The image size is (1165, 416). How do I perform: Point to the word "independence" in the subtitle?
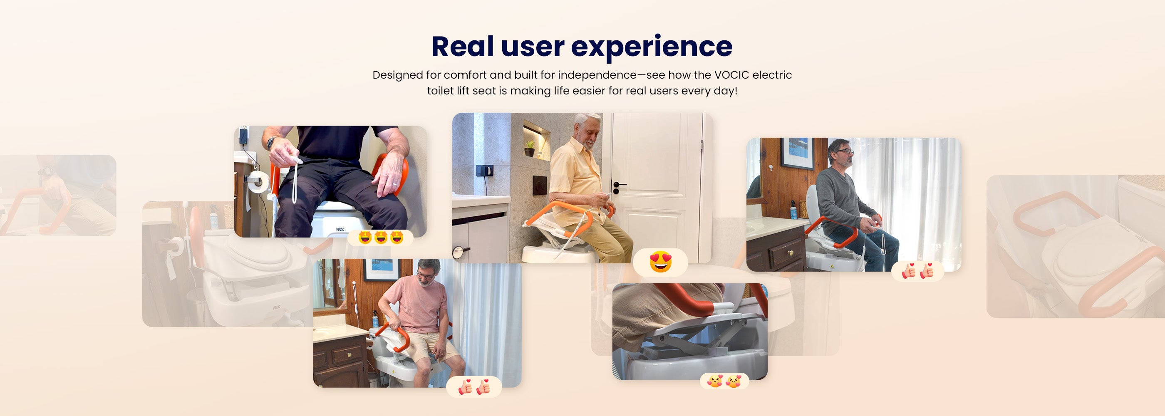[597, 75]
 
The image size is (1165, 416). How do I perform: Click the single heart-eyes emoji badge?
[660, 262]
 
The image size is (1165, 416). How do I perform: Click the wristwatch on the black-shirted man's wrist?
[270, 142]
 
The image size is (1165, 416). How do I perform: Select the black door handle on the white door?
[619, 186]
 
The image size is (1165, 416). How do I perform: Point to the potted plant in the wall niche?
[529, 147]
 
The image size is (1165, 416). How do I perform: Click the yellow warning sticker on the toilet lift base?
[832, 266]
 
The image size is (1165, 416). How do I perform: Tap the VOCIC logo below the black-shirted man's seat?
[340, 229]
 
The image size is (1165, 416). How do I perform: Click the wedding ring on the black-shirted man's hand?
[394, 184]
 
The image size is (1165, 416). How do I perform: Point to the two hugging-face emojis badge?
[724, 381]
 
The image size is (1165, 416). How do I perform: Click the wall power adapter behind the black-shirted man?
[244, 135]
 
